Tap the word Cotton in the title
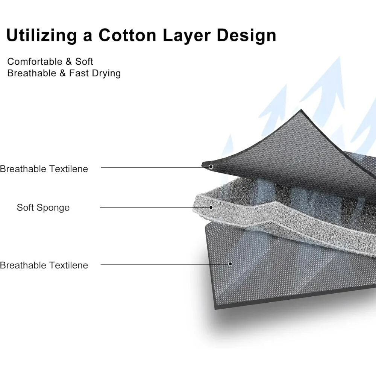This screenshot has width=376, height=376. (127, 36)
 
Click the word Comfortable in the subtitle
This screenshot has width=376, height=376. (34, 62)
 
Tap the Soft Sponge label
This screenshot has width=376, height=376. (43, 208)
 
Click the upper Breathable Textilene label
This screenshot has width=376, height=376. (44, 169)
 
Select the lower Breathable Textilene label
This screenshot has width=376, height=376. (44, 265)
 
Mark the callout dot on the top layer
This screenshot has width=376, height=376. (211, 167)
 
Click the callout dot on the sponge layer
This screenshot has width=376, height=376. (211, 207)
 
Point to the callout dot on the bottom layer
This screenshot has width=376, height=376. (230, 264)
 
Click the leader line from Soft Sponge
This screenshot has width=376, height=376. (154, 207)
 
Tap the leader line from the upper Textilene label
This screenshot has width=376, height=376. (154, 167)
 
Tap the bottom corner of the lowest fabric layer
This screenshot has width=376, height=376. (215, 308)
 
